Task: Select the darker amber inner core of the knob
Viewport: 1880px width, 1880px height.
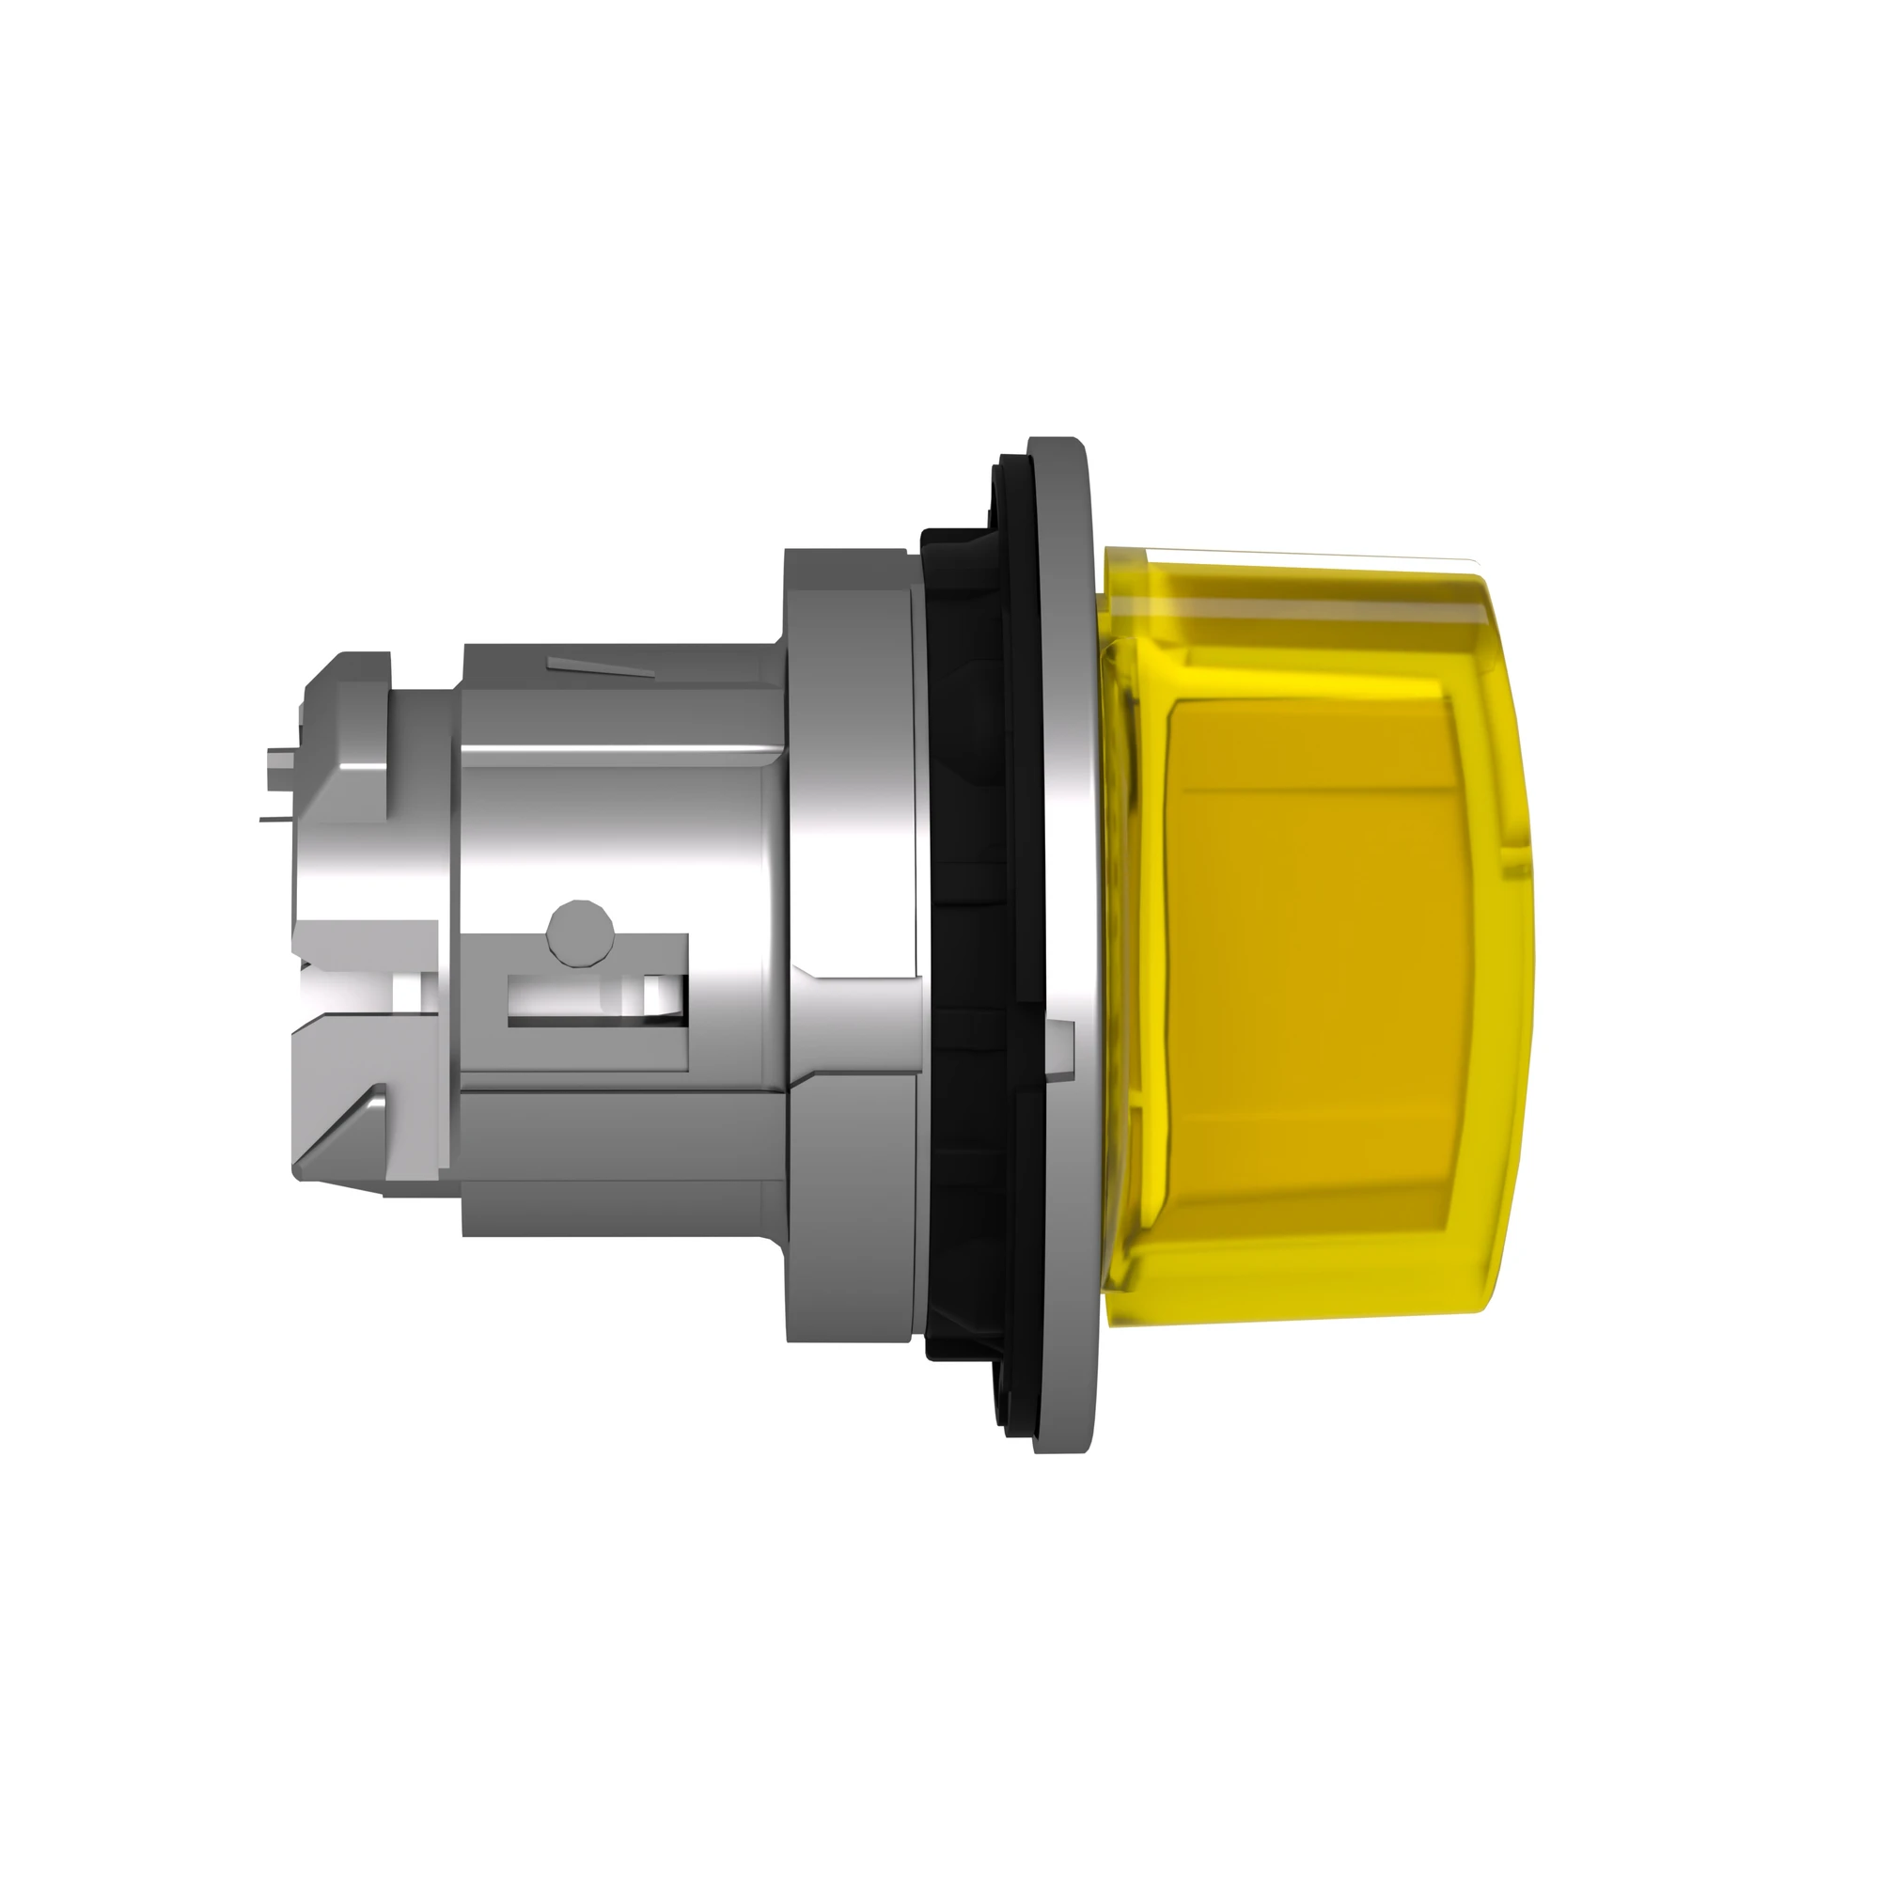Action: pos(1304,934)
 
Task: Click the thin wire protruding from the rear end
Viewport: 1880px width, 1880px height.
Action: pos(277,820)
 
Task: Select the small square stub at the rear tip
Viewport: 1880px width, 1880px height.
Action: pos(280,755)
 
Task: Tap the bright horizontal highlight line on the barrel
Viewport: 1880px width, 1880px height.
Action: pos(623,750)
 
